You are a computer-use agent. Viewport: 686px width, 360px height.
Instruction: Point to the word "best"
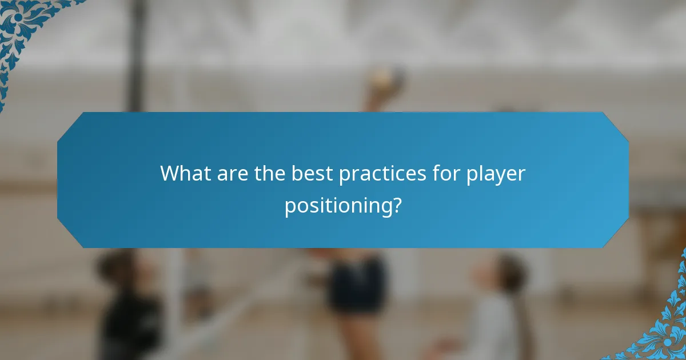point(313,173)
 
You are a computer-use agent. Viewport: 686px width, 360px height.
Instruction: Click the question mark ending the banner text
point(396,205)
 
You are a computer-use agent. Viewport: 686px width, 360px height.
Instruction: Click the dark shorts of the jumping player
point(356,283)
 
